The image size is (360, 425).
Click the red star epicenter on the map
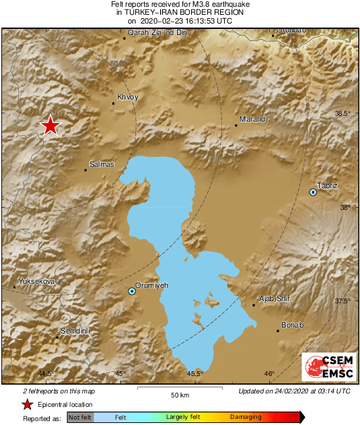click(x=50, y=126)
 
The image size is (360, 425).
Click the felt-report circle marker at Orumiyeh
click(x=132, y=291)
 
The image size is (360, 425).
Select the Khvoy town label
click(x=127, y=97)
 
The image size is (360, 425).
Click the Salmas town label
click(x=102, y=164)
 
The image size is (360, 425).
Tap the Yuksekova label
click(x=36, y=280)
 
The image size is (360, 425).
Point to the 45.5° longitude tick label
click(x=195, y=374)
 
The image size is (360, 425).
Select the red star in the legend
click(x=27, y=404)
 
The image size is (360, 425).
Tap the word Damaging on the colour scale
click(x=246, y=418)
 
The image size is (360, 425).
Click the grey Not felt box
click(x=80, y=418)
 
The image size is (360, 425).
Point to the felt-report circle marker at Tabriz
click(x=313, y=192)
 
